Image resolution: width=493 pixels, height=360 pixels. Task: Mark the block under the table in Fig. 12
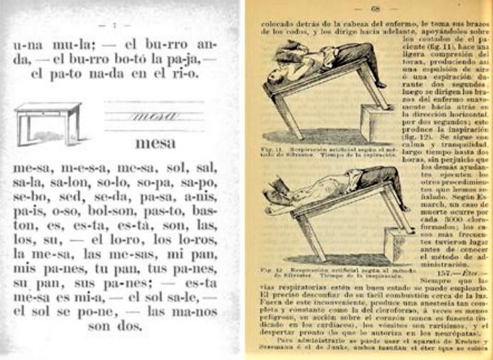396,245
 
